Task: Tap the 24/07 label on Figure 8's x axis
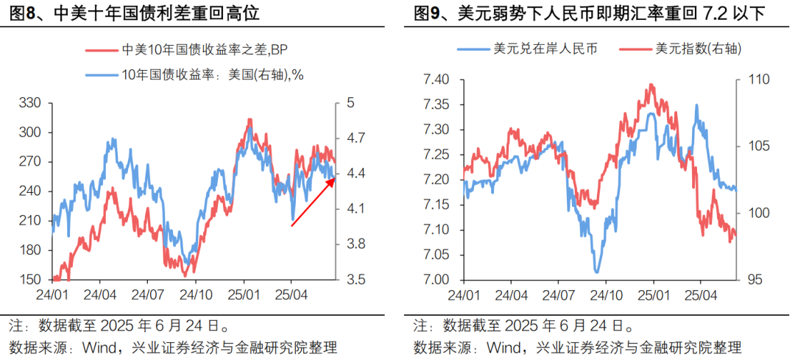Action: coord(147,294)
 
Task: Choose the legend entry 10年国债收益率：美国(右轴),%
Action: coord(194,74)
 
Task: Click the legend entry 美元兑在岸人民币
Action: coord(527,49)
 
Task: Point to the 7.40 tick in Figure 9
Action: coord(436,80)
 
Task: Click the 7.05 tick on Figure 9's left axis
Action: coord(436,255)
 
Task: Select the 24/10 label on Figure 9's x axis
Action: coord(607,294)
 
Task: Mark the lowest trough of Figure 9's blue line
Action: coord(597,272)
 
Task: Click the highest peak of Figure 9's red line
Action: coord(651,85)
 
